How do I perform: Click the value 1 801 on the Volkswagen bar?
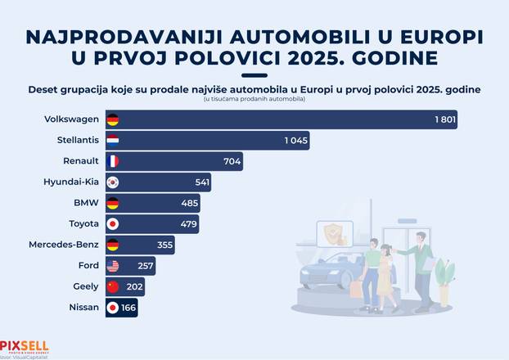(445, 120)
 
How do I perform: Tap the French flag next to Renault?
(113, 161)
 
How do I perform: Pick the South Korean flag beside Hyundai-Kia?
(113, 182)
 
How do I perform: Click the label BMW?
(86, 203)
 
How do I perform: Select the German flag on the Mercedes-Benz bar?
(113, 245)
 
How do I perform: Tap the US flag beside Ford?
(113, 265)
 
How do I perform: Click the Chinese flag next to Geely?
(113, 286)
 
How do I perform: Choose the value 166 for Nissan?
(127, 308)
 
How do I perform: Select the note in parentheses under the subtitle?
(254, 99)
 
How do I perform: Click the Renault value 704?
(232, 161)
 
